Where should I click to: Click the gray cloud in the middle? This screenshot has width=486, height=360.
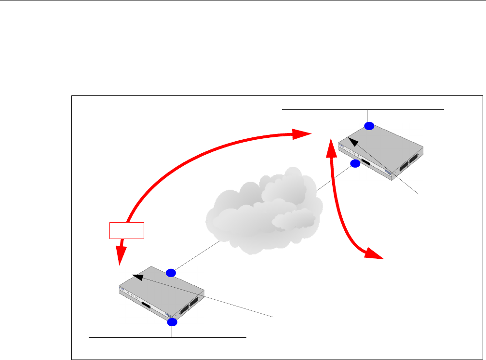263,212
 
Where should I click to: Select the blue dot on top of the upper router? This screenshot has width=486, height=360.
369,126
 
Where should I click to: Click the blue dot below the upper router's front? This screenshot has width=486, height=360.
355,164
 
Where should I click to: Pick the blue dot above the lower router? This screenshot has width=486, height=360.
171,273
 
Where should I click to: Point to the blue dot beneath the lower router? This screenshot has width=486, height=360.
173,322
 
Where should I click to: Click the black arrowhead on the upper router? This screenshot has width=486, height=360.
352,141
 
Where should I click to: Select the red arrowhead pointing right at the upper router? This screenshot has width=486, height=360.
303,133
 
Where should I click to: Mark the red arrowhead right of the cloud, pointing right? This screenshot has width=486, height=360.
374,254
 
